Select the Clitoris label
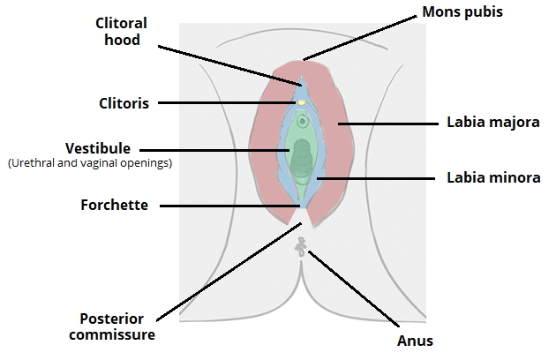click(124, 102)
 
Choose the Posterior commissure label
click(116, 326)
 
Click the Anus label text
click(416, 340)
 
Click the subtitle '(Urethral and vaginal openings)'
click(89, 163)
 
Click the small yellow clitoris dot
click(302, 102)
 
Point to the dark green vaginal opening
click(302, 157)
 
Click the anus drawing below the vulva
click(302, 249)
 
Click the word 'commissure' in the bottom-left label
click(116, 334)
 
